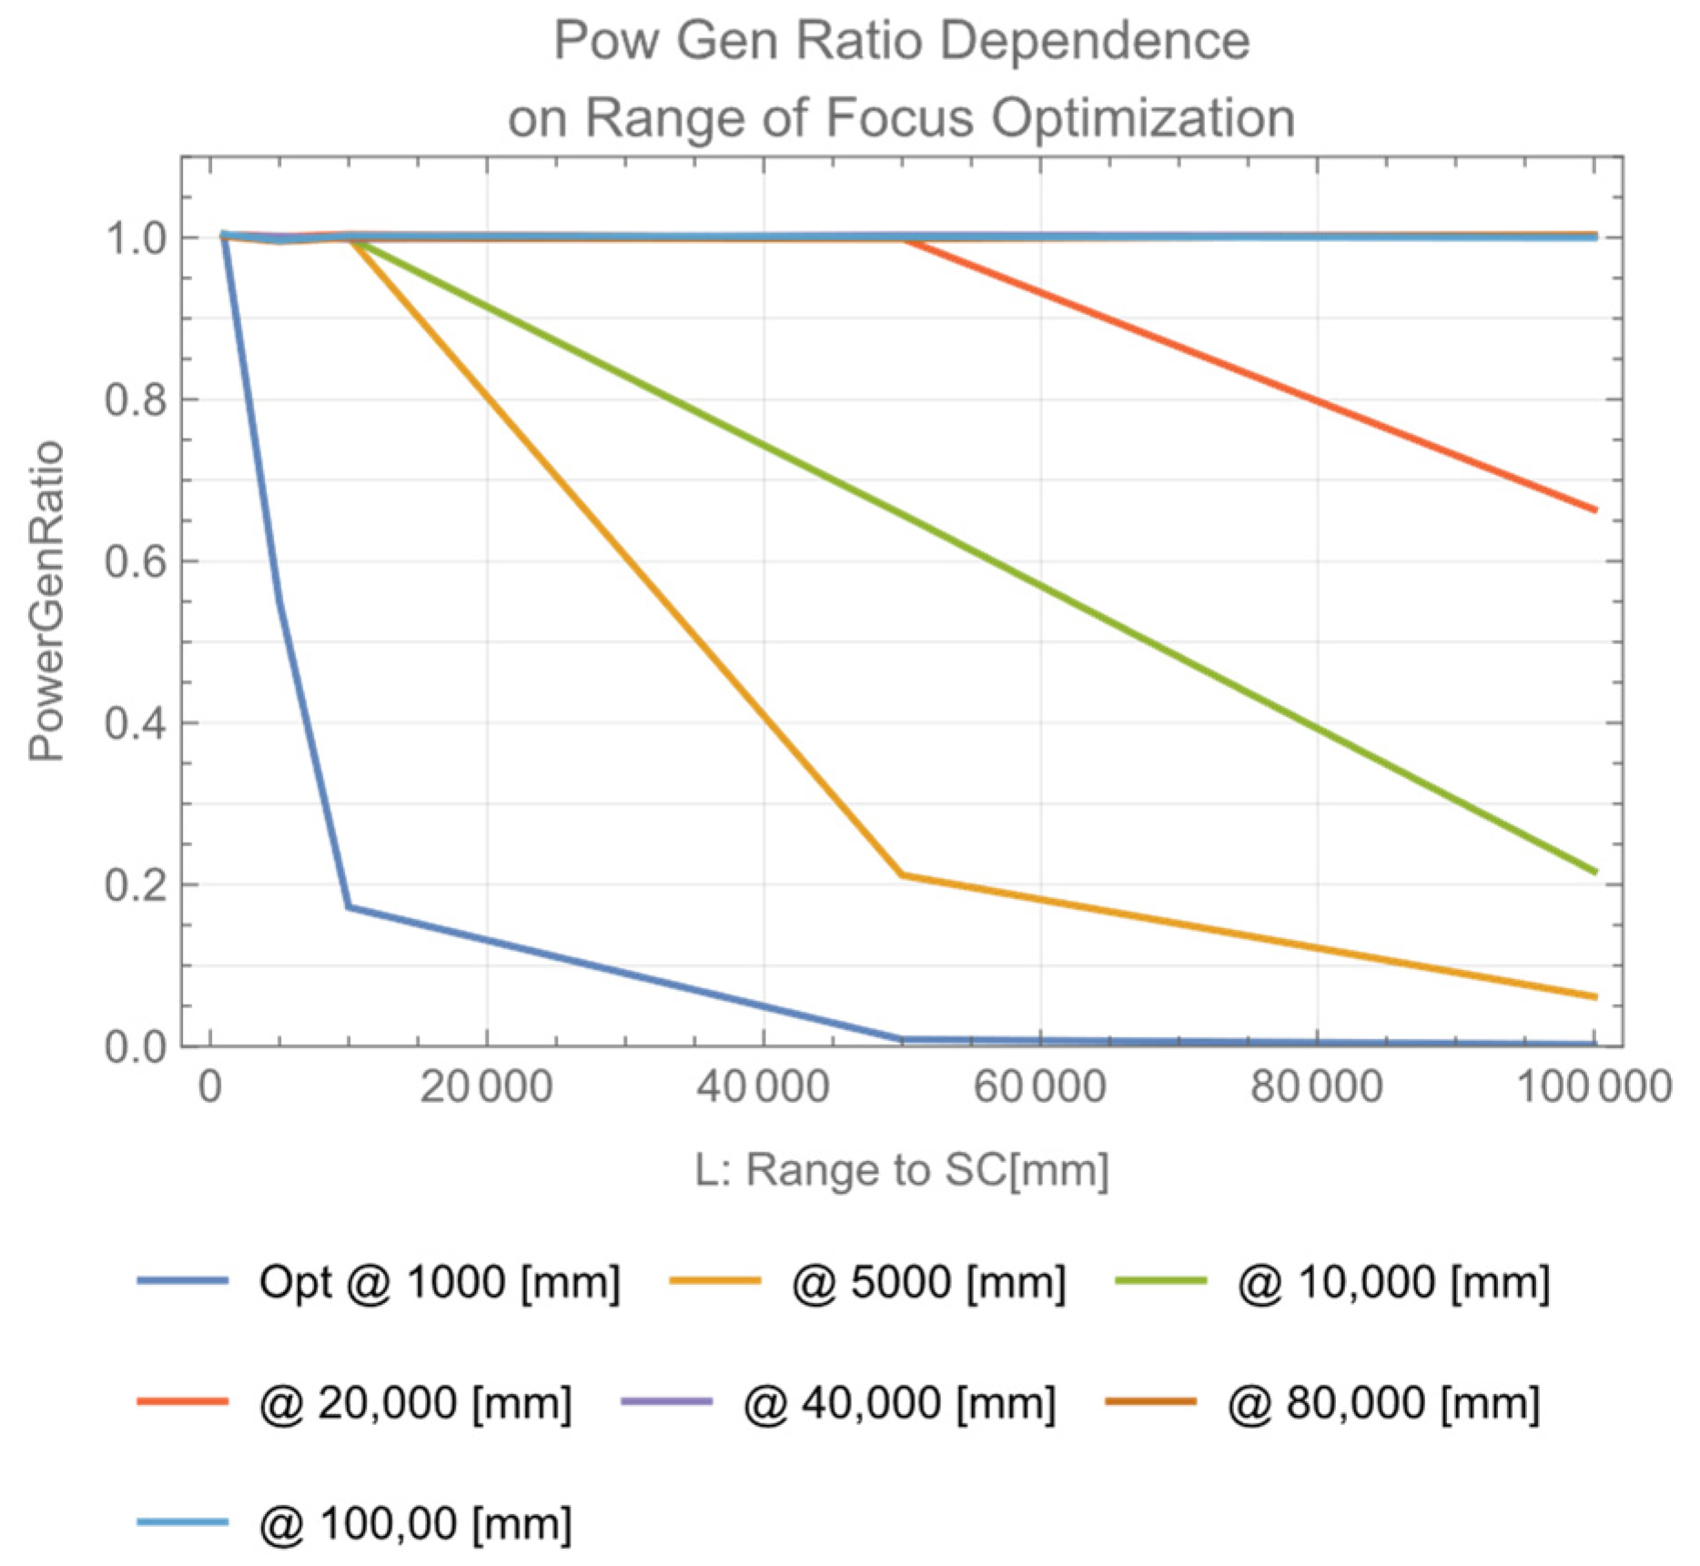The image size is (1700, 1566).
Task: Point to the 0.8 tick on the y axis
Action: point(136,400)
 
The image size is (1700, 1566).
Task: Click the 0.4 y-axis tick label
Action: point(136,724)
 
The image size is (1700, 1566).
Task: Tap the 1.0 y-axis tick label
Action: point(136,238)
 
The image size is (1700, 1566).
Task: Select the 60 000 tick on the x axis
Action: point(1039,1086)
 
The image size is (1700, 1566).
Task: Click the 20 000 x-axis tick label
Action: point(486,1086)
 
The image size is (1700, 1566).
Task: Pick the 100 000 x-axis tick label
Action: point(1594,1086)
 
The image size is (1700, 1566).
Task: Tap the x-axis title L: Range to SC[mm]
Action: point(901,1170)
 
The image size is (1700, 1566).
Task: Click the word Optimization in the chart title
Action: point(1142,118)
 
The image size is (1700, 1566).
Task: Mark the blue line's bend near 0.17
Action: point(349,906)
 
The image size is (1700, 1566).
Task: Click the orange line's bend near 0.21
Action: point(901,874)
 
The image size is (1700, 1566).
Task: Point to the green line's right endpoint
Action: point(1594,872)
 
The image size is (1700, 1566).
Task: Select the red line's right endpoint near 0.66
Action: point(1594,510)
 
